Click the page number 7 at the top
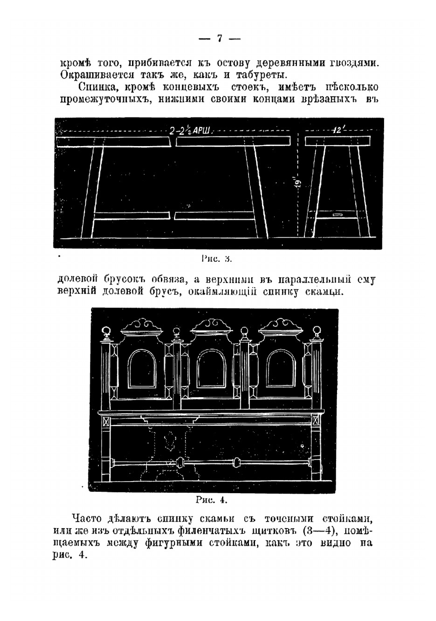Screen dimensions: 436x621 pyautogui.click(x=219, y=38)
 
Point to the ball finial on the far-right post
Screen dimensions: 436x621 pyautogui.click(x=317, y=330)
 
